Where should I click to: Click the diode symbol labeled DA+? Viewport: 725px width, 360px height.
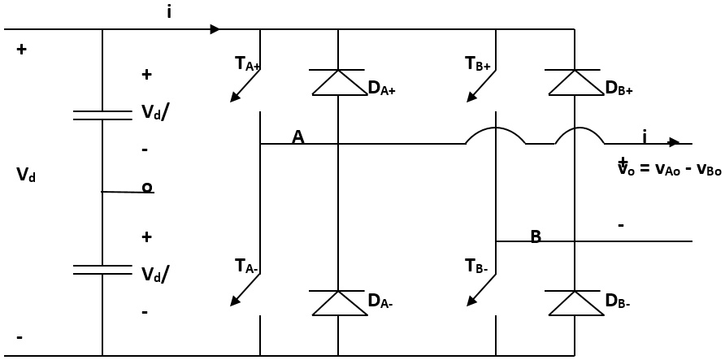(x=338, y=82)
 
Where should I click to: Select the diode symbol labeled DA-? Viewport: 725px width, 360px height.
(x=338, y=302)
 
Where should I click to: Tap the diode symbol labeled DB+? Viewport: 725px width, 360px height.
(x=575, y=82)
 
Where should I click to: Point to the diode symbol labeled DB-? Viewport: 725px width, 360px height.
(x=575, y=302)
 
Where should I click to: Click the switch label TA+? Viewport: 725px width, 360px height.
(x=247, y=63)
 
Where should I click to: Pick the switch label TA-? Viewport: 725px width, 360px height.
(x=246, y=266)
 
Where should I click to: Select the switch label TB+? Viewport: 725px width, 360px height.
(x=478, y=63)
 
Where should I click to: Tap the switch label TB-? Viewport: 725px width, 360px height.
(x=476, y=266)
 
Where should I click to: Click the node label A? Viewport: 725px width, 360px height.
(x=297, y=137)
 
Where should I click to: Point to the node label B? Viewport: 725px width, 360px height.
(x=536, y=236)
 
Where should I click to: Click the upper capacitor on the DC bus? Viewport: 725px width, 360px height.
(x=102, y=115)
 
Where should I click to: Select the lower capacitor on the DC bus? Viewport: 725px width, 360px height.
(x=102, y=269)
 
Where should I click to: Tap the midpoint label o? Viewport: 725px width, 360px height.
(x=147, y=188)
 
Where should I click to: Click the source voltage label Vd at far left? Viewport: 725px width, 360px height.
(x=26, y=175)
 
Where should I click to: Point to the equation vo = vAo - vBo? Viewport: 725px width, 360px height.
(x=669, y=169)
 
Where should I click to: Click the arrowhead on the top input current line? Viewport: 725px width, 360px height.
(x=215, y=29)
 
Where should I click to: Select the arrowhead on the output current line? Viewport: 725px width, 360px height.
(x=674, y=143)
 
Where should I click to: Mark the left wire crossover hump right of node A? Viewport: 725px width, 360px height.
(x=495, y=133)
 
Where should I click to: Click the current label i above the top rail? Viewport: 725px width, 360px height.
(x=169, y=12)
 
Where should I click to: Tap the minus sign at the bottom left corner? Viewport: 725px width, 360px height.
(x=20, y=336)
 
